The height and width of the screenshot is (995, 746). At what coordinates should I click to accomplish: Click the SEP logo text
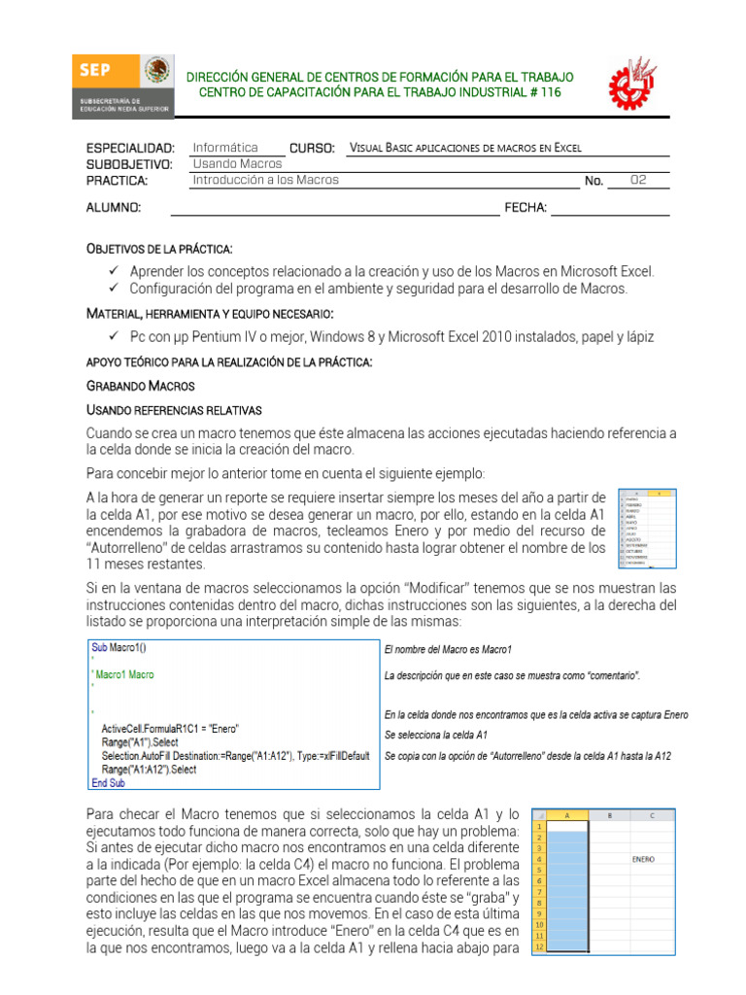pos(94,70)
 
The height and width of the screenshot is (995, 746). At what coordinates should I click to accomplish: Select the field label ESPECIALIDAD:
pos(130,148)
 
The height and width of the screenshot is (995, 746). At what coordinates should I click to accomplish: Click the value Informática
pos(225,148)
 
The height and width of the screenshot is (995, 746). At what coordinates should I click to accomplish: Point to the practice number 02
pos(637,180)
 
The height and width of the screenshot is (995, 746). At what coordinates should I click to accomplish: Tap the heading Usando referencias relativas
pos(174,409)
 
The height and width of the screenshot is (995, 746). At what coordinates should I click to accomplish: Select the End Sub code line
pos(107,783)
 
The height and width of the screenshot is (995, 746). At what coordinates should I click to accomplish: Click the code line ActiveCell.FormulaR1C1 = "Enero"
pos(170,729)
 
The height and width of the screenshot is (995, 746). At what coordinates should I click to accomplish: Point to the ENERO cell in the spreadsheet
pos(642,859)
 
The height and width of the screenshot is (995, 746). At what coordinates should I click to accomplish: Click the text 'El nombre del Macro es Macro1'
pos(448,649)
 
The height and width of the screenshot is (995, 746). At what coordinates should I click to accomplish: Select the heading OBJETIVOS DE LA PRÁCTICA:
pos(159,250)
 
